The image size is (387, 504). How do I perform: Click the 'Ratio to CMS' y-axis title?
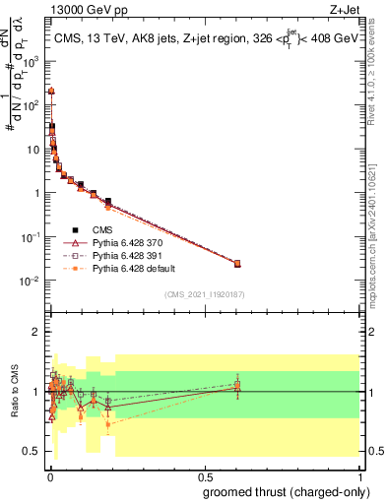pos(15,406)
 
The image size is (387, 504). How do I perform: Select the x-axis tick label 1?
pos(360,475)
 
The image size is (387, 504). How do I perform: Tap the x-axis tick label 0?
pos(49,475)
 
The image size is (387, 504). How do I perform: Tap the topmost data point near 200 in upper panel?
pos(51,91)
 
